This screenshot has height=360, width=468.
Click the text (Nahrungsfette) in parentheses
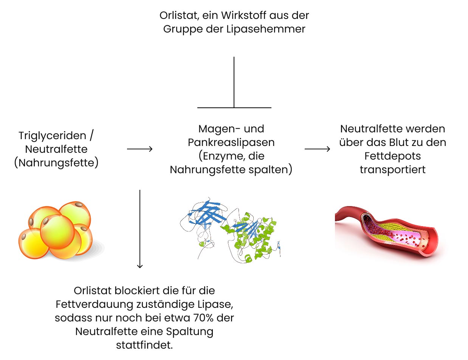tap(56, 163)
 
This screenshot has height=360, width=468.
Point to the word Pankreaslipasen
tap(231, 143)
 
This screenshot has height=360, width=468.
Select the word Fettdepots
tap(392, 156)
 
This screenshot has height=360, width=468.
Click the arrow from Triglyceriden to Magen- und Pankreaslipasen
tap(139, 149)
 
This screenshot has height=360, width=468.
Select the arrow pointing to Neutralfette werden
tap(317, 149)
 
